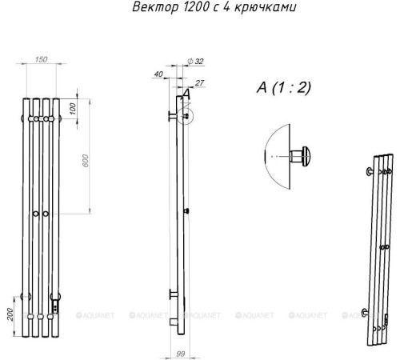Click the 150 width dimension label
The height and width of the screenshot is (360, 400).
[41, 59]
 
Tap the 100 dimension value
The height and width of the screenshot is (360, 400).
[73, 109]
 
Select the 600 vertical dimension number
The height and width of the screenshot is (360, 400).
[86, 161]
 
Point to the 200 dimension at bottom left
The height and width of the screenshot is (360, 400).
[10, 314]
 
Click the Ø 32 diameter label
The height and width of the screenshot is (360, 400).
[196, 62]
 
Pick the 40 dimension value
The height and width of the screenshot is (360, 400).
[158, 74]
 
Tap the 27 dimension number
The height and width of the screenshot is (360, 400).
[199, 83]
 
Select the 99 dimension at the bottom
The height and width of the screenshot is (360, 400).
[181, 354]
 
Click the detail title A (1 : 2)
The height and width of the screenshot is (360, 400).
[284, 87]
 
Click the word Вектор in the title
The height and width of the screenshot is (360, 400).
[155, 6]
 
